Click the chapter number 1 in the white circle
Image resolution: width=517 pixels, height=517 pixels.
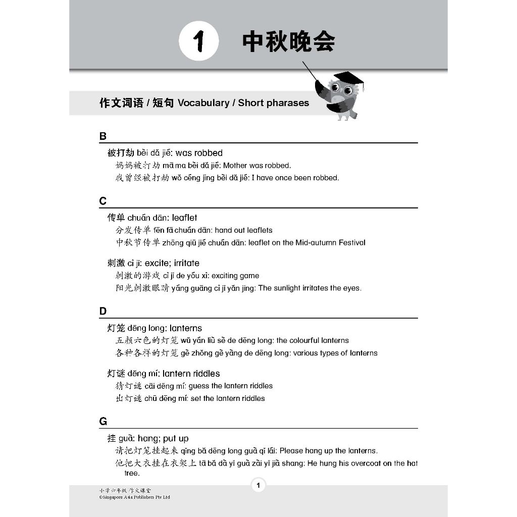click(x=198, y=42)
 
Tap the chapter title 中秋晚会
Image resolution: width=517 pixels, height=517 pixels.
click(x=288, y=42)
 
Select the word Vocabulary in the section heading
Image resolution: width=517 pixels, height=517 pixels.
click(x=203, y=103)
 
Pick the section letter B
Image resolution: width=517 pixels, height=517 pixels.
click(x=103, y=136)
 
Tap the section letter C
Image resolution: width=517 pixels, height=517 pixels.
click(x=103, y=201)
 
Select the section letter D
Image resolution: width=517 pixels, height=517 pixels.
click(x=103, y=312)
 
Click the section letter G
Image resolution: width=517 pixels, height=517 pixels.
click(x=104, y=422)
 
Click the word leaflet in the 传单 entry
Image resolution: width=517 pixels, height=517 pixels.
click(x=184, y=218)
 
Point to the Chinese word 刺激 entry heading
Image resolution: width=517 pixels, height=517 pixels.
click(x=116, y=263)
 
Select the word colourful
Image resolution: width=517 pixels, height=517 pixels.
click(x=305, y=341)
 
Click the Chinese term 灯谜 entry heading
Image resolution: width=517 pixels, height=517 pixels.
click(x=116, y=374)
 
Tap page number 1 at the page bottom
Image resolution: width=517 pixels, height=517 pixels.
click(x=258, y=486)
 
